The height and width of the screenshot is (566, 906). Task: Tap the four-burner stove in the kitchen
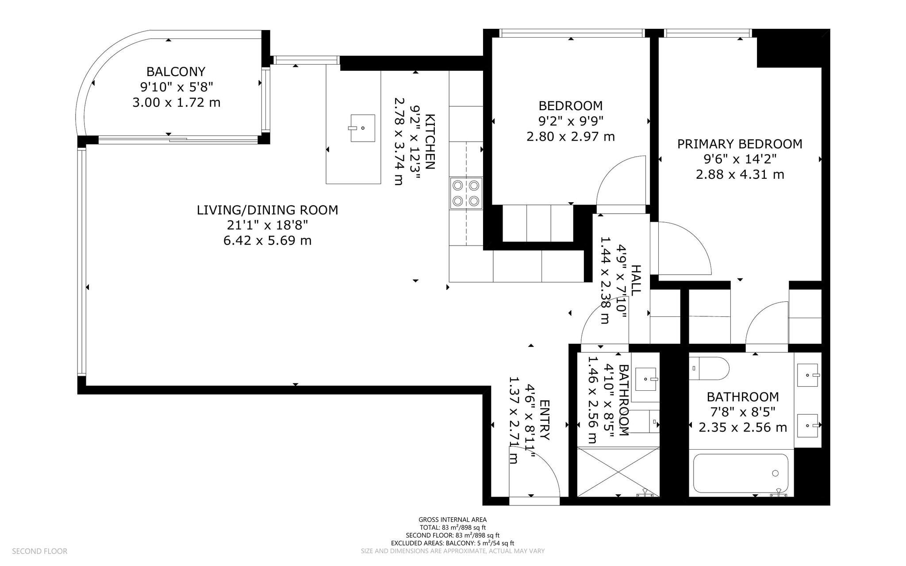pyautogui.click(x=466, y=193)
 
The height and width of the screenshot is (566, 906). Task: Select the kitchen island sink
pyautogui.click(x=363, y=128)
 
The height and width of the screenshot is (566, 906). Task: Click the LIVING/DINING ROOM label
pyautogui.click(x=267, y=210)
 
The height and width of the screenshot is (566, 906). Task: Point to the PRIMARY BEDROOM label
pyautogui.click(x=740, y=144)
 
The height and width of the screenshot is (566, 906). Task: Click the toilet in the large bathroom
pyautogui.click(x=709, y=369)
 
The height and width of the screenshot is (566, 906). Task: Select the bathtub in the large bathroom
pyautogui.click(x=741, y=473)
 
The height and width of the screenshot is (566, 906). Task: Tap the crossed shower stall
pyautogui.click(x=618, y=472)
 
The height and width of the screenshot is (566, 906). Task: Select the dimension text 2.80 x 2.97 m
pyautogui.click(x=570, y=136)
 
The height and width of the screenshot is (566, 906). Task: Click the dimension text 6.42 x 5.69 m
pyautogui.click(x=267, y=240)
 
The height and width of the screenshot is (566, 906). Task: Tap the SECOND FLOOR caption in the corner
pyautogui.click(x=40, y=551)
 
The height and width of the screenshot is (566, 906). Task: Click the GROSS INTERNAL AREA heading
pyautogui.click(x=453, y=520)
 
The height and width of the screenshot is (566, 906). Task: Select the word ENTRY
pyautogui.click(x=545, y=420)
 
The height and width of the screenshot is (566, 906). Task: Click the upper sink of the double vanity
pyautogui.click(x=808, y=375)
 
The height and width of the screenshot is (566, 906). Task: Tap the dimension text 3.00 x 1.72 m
pyautogui.click(x=176, y=103)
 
